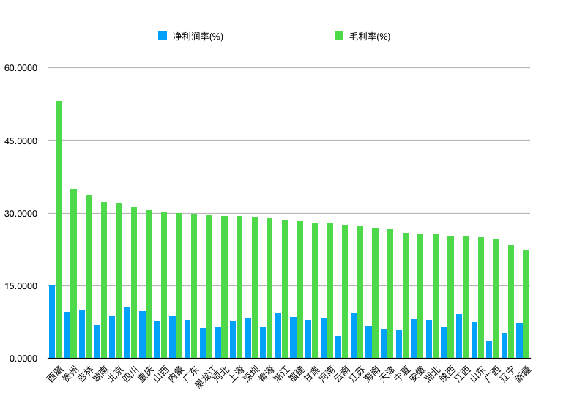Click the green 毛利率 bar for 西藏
coord(59,230)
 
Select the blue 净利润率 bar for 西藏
coord(52,321)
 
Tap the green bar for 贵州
coord(74,274)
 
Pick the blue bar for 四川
coord(127,332)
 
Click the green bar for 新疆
coord(526,304)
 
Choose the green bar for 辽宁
coord(511,302)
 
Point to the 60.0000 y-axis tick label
coord(21,68)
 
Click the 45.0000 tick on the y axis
coord(21,141)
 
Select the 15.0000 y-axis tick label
coord(21,286)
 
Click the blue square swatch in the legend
coord(163,36)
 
